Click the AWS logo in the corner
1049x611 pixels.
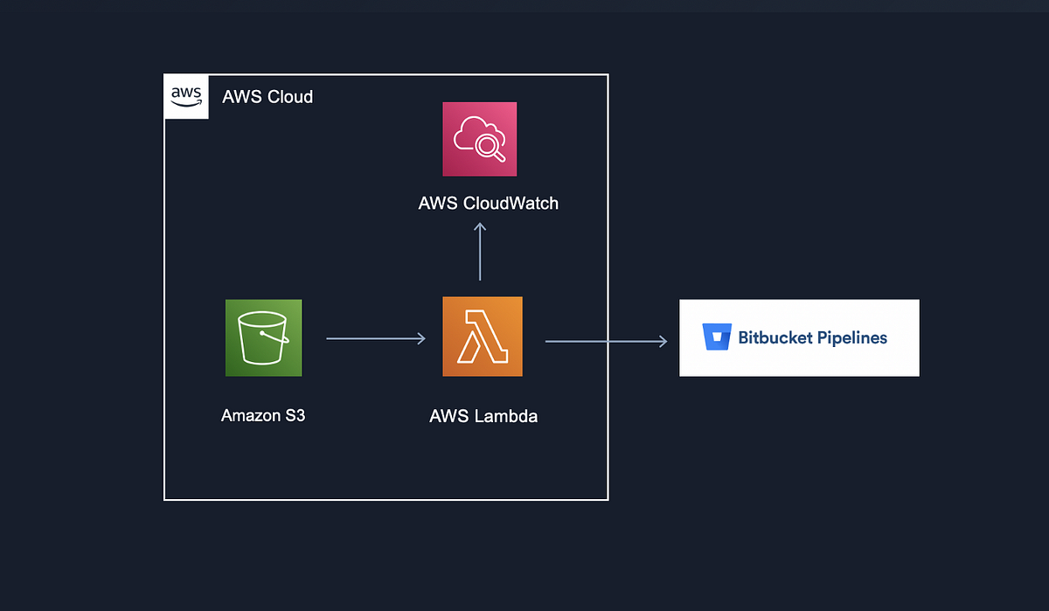[x=186, y=96]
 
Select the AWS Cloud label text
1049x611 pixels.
[x=267, y=97]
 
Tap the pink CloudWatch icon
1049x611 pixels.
[x=479, y=139]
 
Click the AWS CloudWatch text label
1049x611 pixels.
[x=488, y=204]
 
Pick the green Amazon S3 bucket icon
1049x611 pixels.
[x=263, y=337]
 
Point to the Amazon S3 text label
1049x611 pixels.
[x=263, y=416]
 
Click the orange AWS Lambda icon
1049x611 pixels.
[x=483, y=337]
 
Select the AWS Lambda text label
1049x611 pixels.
[x=483, y=416]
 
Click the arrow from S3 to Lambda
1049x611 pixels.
[x=376, y=338]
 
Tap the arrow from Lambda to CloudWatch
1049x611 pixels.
[x=480, y=252]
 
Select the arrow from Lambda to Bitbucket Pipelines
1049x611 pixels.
[x=606, y=341]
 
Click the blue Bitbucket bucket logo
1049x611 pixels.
[x=717, y=337]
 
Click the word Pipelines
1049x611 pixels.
[x=852, y=337]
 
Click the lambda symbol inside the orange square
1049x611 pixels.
[x=483, y=337]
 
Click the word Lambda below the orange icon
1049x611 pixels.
[x=507, y=416]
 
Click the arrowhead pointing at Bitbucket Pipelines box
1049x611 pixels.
[x=663, y=341]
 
